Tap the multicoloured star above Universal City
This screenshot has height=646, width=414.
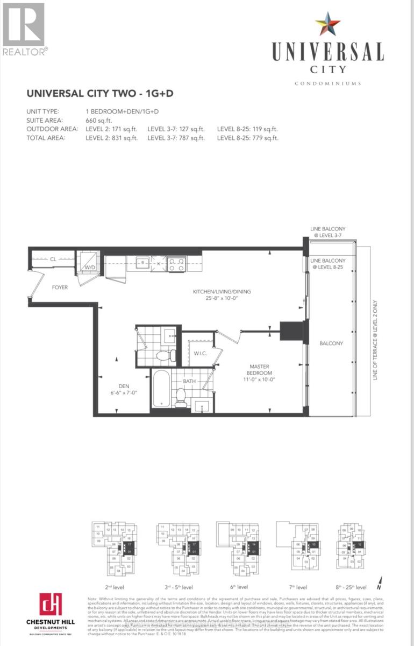[x=327, y=25]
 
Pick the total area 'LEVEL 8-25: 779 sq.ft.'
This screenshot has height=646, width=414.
[x=247, y=138]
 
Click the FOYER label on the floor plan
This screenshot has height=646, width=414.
[x=60, y=287]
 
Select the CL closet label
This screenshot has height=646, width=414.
[x=53, y=259]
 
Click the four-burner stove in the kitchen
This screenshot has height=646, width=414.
[x=177, y=264]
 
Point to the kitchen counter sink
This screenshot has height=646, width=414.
[x=143, y=263]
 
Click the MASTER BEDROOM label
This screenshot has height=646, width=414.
[x=260, y=369]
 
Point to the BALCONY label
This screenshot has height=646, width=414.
[x=331, y=343]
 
